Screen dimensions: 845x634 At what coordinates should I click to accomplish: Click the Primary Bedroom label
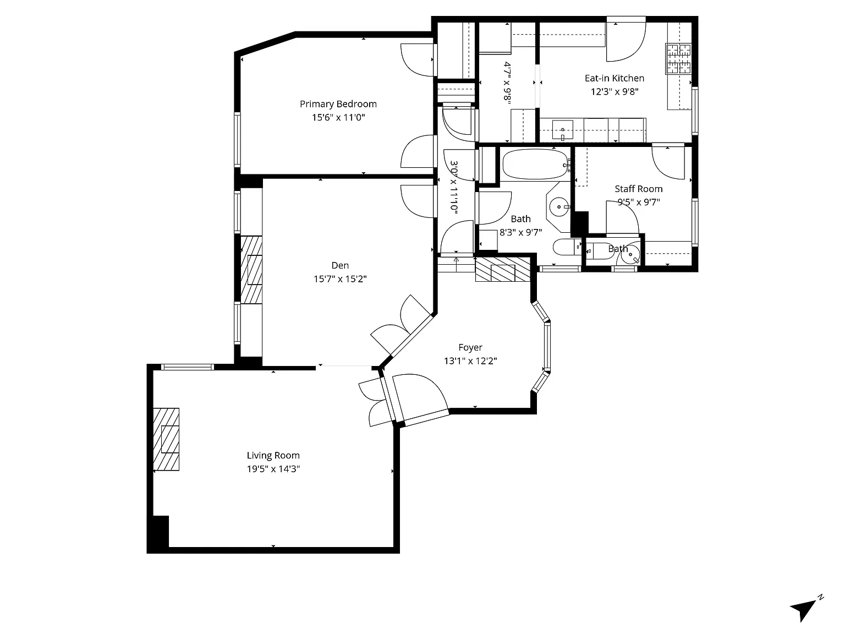coord(338,104)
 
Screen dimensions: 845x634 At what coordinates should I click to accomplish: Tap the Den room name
coord(340,265)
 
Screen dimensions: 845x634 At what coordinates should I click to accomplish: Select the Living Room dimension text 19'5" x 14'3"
coord(273,468)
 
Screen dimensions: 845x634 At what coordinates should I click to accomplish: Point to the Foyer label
coord(470,348)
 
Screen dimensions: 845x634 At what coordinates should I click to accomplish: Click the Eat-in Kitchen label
coord(614,78)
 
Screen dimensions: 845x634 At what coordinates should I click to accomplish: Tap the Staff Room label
coord(638,189)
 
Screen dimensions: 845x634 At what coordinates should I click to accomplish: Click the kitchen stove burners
coord(678,58)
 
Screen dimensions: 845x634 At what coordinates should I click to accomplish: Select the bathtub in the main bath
coord(535,165)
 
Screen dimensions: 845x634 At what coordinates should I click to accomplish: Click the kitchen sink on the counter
coord(562,130)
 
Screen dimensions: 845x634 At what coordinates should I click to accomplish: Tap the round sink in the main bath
coord(559,207)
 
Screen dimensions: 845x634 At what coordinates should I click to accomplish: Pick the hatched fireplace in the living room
coord(166,439)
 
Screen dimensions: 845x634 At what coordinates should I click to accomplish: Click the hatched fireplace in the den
coord(251,270)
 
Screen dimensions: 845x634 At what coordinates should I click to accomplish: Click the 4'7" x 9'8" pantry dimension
coord(507,83)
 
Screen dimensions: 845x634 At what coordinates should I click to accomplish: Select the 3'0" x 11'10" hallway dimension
coord(454,187)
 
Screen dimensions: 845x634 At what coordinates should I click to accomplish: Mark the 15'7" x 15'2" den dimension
coord(340,278)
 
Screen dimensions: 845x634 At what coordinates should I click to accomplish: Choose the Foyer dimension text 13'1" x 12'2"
coord(470,361)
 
